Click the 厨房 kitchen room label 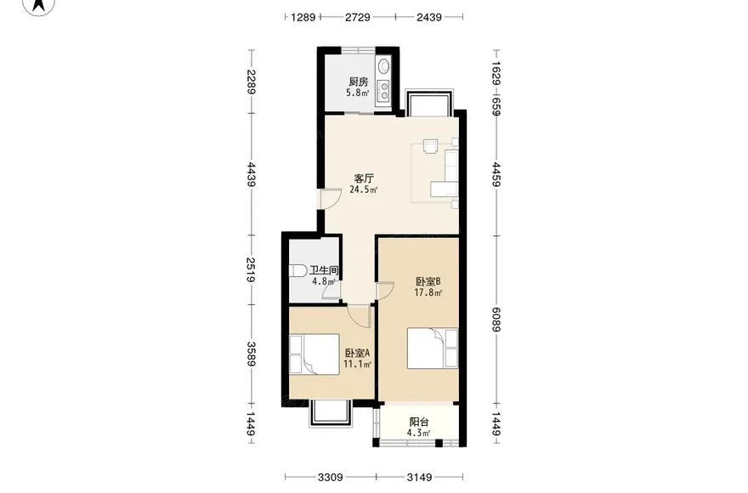tap(358, 82)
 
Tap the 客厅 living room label tap(364, 179)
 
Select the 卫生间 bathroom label tap(324, 270)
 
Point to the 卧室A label tap(357, 353)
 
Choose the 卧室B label tap(428, 281)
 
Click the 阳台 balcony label tap(419, 422)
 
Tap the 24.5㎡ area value tap(364, 190)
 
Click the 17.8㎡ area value tap(428, 292)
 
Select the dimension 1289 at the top tap(303, 17)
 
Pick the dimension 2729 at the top tap(357, 17)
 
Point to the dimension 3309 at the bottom tap(330, 477)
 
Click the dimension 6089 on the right tap(496, 320)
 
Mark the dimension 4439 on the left tap(252, 174)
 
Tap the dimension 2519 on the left tap(252, 269)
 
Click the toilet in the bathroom tap(297, 270)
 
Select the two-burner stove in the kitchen tap(383, 91)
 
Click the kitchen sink tap(383, 66)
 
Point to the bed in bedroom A tap(314, 354)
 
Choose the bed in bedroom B tap(432, 348)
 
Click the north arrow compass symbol tap(39, 5)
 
